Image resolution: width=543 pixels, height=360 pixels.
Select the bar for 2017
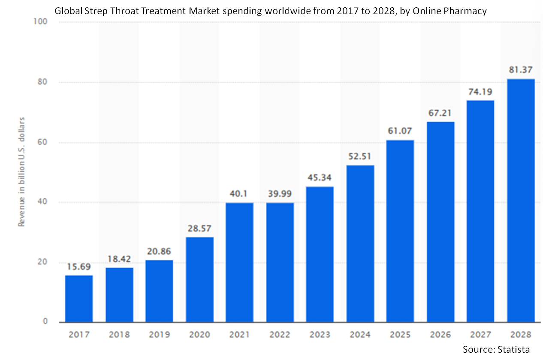click(79, 299)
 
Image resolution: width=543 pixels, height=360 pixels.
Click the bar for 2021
click(239, 262)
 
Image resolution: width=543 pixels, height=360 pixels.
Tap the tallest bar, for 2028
click(521, 201)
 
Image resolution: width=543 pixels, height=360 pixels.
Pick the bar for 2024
click(360, 243)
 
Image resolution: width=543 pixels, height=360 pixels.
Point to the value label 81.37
click(521, 70)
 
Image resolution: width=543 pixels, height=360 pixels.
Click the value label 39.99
click(280, 194)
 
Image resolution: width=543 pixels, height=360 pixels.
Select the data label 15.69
click(79, 266)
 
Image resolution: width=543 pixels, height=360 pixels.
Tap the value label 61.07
click(400, 131)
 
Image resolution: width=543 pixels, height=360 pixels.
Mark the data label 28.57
click(199, 228)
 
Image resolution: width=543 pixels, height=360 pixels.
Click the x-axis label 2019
click(159, 334)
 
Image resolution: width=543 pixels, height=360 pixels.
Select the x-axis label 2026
click(440, 334)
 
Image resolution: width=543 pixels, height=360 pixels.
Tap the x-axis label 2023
click(320, 334)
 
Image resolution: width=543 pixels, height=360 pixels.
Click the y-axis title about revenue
click(21, 171)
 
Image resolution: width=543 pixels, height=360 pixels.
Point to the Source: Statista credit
click(496, 349)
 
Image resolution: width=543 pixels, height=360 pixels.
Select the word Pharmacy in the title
click(468, 11)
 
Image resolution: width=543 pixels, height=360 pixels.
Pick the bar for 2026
click(440, 222)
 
